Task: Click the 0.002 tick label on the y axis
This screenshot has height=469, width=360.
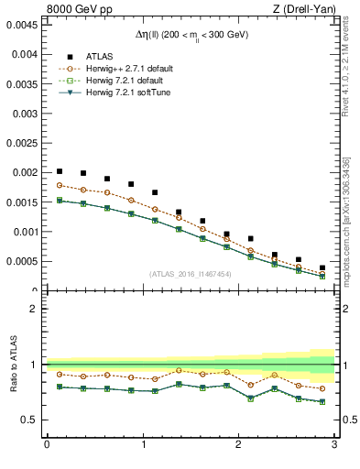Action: pos(24,172)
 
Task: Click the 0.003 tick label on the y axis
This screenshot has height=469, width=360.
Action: pos(24,113)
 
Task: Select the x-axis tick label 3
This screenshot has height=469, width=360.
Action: pos(334,444)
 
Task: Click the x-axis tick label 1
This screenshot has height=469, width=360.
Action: pos(143,444)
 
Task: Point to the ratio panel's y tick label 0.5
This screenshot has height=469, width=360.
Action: pos(29,420)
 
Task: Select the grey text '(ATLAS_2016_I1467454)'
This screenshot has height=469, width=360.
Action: pos(191,274)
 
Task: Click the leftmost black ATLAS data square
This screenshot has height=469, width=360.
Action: pos(60,171)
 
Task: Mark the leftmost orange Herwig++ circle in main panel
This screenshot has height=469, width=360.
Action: pos(60,185)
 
